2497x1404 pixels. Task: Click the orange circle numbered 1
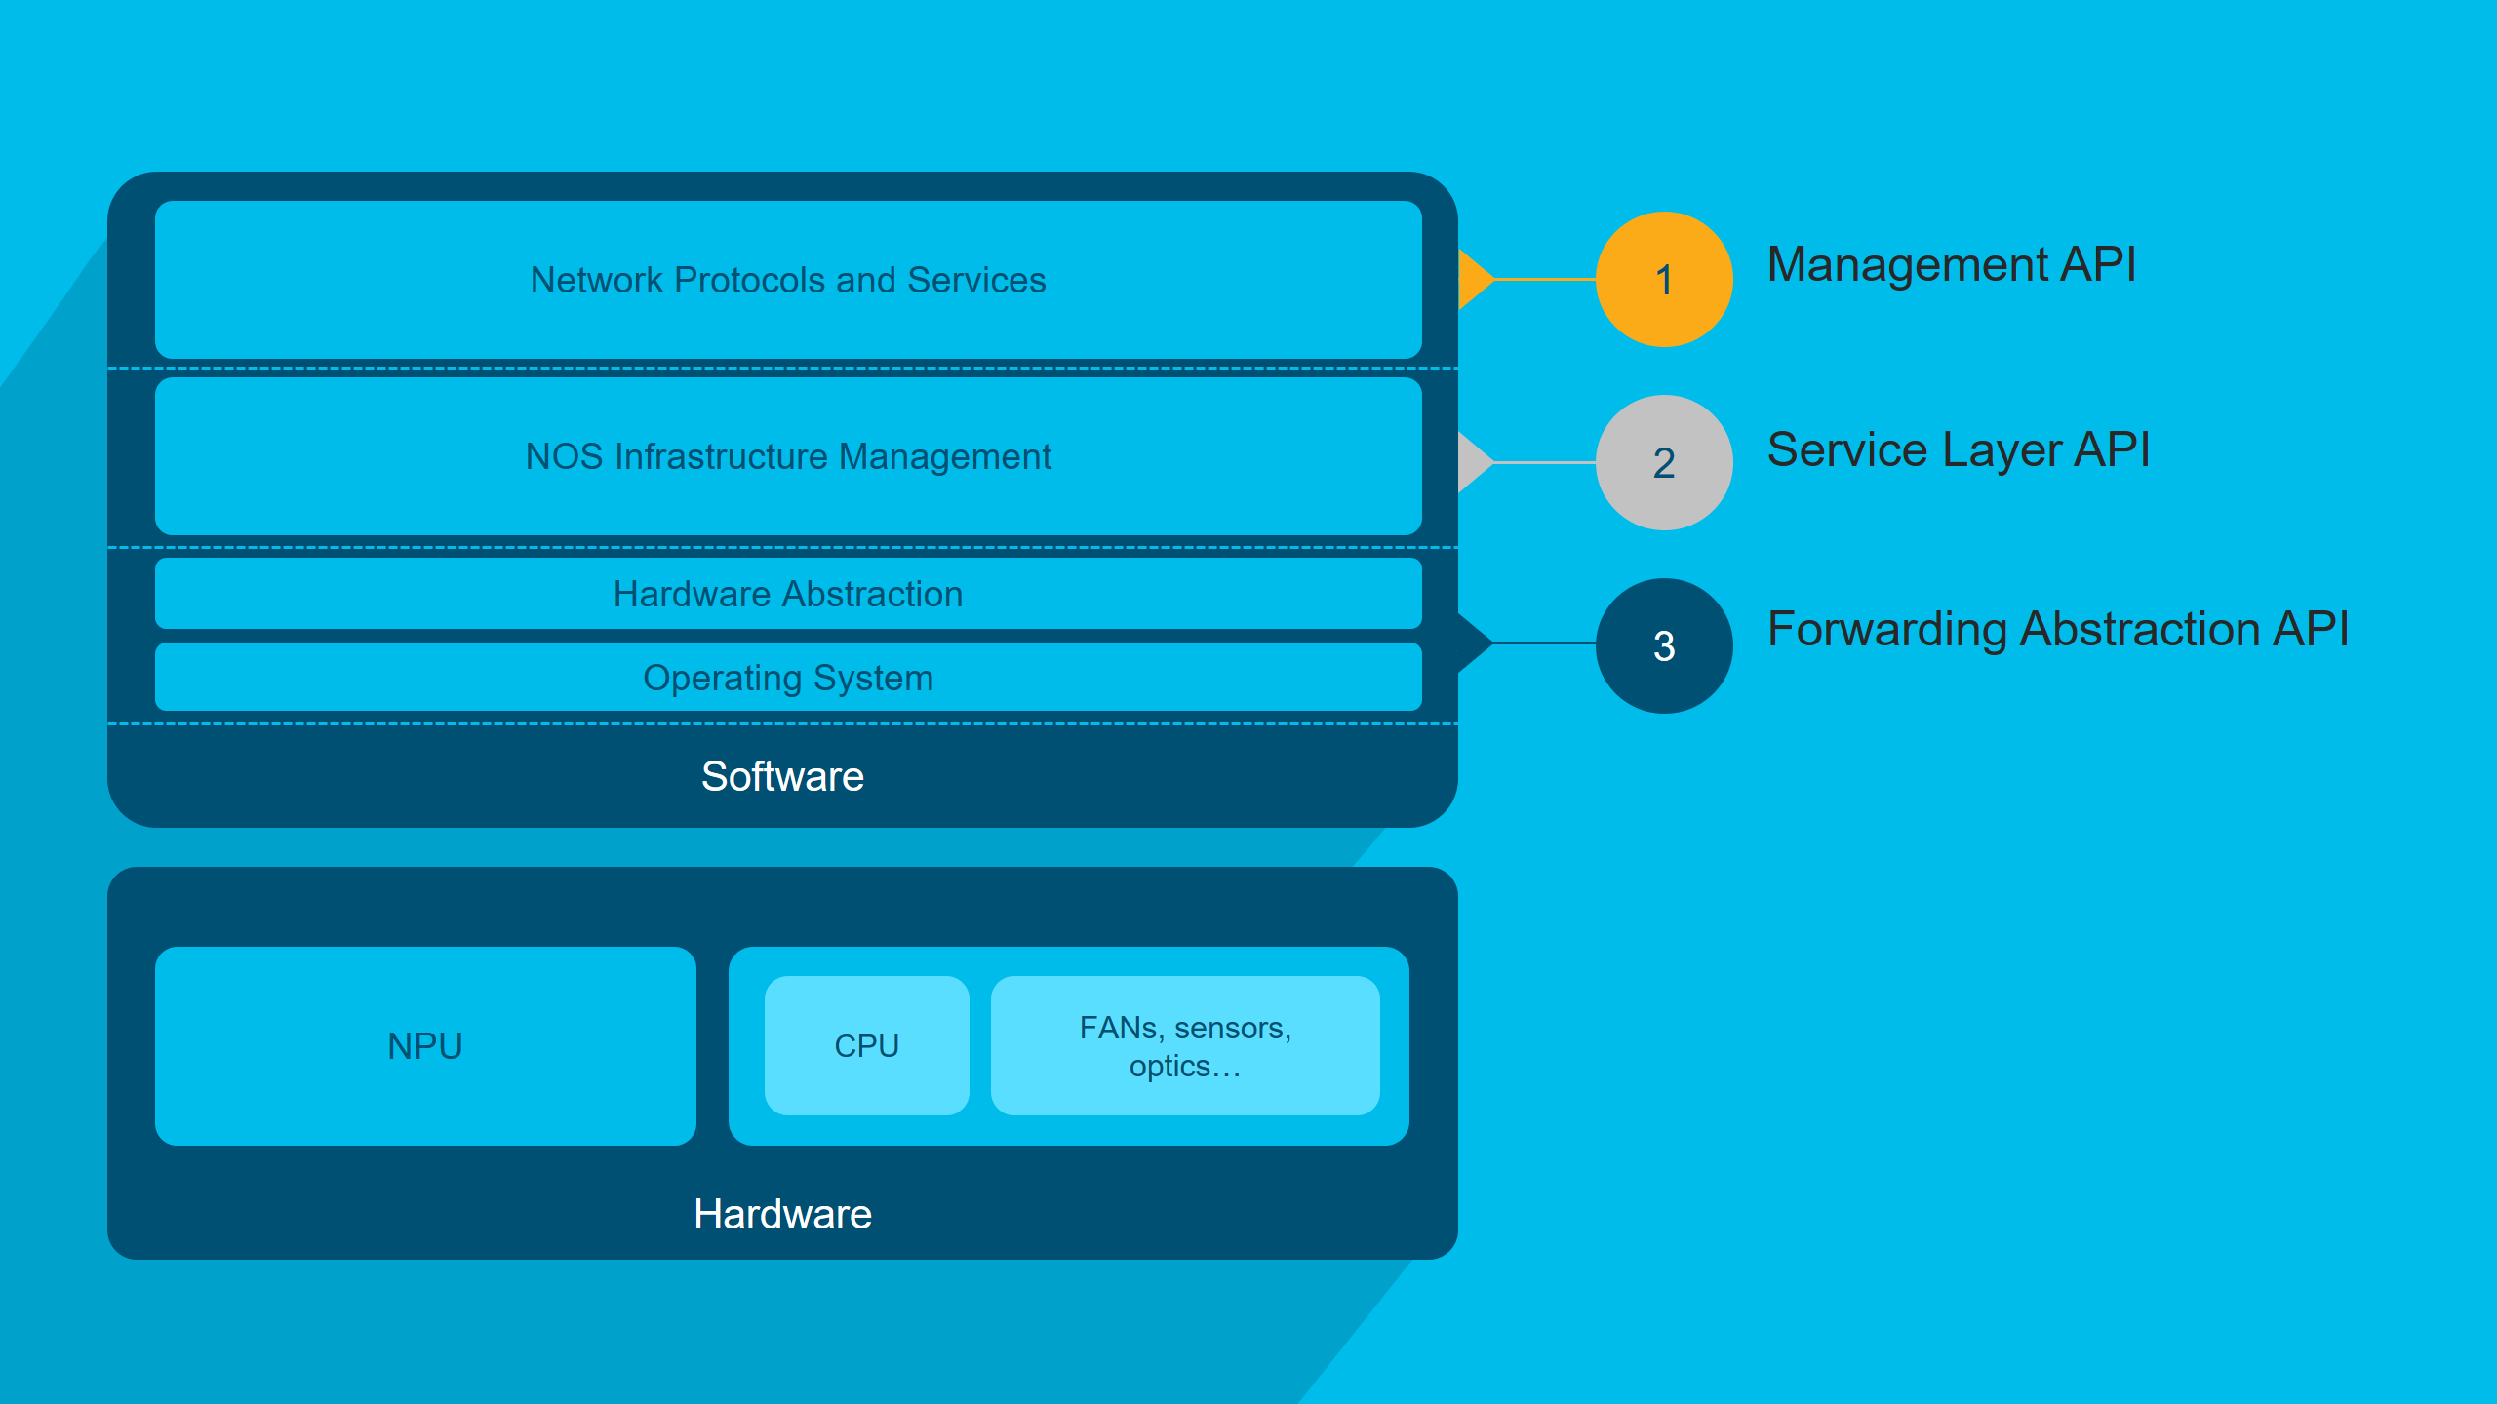[x=1664, y=279]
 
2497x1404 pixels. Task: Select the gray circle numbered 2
[x=1664, y=462]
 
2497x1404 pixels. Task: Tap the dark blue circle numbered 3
[x=1664, y=645]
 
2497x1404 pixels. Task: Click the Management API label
[x=1952, y=264]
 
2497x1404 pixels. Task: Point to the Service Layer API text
[x=1959, y=449]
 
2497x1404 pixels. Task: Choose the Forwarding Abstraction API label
[x=2058, y=629]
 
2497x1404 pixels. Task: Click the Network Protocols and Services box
[x=788, y=280]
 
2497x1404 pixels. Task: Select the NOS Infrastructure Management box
[x=788, y=456]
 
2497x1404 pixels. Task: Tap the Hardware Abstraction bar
[x=788, y=594]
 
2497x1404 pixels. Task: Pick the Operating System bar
[x=788, y=677]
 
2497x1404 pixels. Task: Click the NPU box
[x=425, y=1046]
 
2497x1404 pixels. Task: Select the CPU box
[x=867, y=1045]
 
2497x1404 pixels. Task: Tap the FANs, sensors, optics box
[x=1185, y=1045]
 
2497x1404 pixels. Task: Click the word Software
[x=782, y=776]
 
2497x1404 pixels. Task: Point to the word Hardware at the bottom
[x=782, y=1214]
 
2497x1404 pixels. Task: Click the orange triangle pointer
[x=1475, y=279]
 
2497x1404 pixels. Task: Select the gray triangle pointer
[x=1475, y=462]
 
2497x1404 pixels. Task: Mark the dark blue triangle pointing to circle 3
[x=1475, y=643]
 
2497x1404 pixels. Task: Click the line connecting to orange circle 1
[x=1546, y=279]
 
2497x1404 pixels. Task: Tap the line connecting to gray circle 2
[x=1546, y=462]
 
